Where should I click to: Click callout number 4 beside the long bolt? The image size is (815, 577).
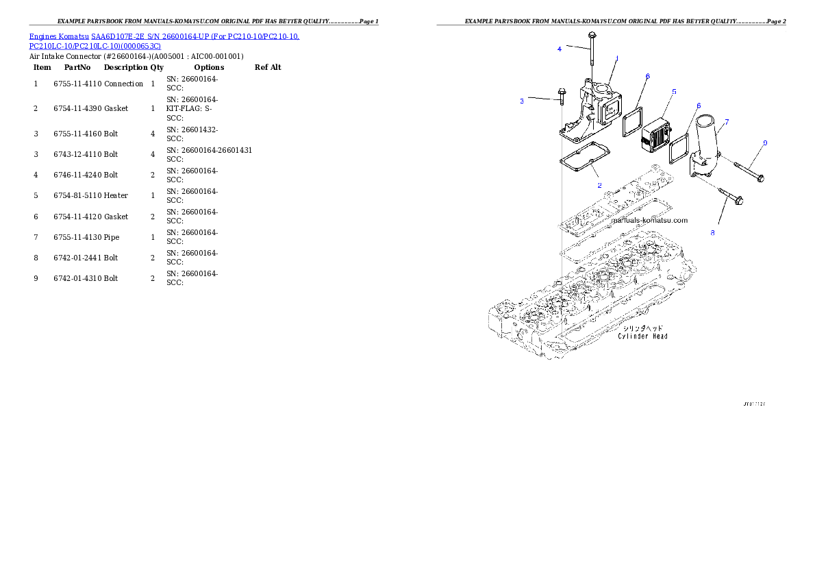tap(560, 49)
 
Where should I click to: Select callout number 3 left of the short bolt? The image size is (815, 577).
tap(522, 101)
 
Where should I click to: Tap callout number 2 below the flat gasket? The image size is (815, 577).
tap(599, 185)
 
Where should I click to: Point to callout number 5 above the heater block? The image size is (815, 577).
tap(674, 90)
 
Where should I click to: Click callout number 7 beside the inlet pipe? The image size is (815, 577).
tap(727, 121)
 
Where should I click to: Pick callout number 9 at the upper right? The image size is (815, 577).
tap(765, 143)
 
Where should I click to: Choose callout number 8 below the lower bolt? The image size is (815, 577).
tap(712, 233)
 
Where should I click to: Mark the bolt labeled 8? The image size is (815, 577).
tap(731, 197)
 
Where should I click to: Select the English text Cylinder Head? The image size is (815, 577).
tap(642, 336)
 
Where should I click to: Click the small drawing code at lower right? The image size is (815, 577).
tap(753, 404)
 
